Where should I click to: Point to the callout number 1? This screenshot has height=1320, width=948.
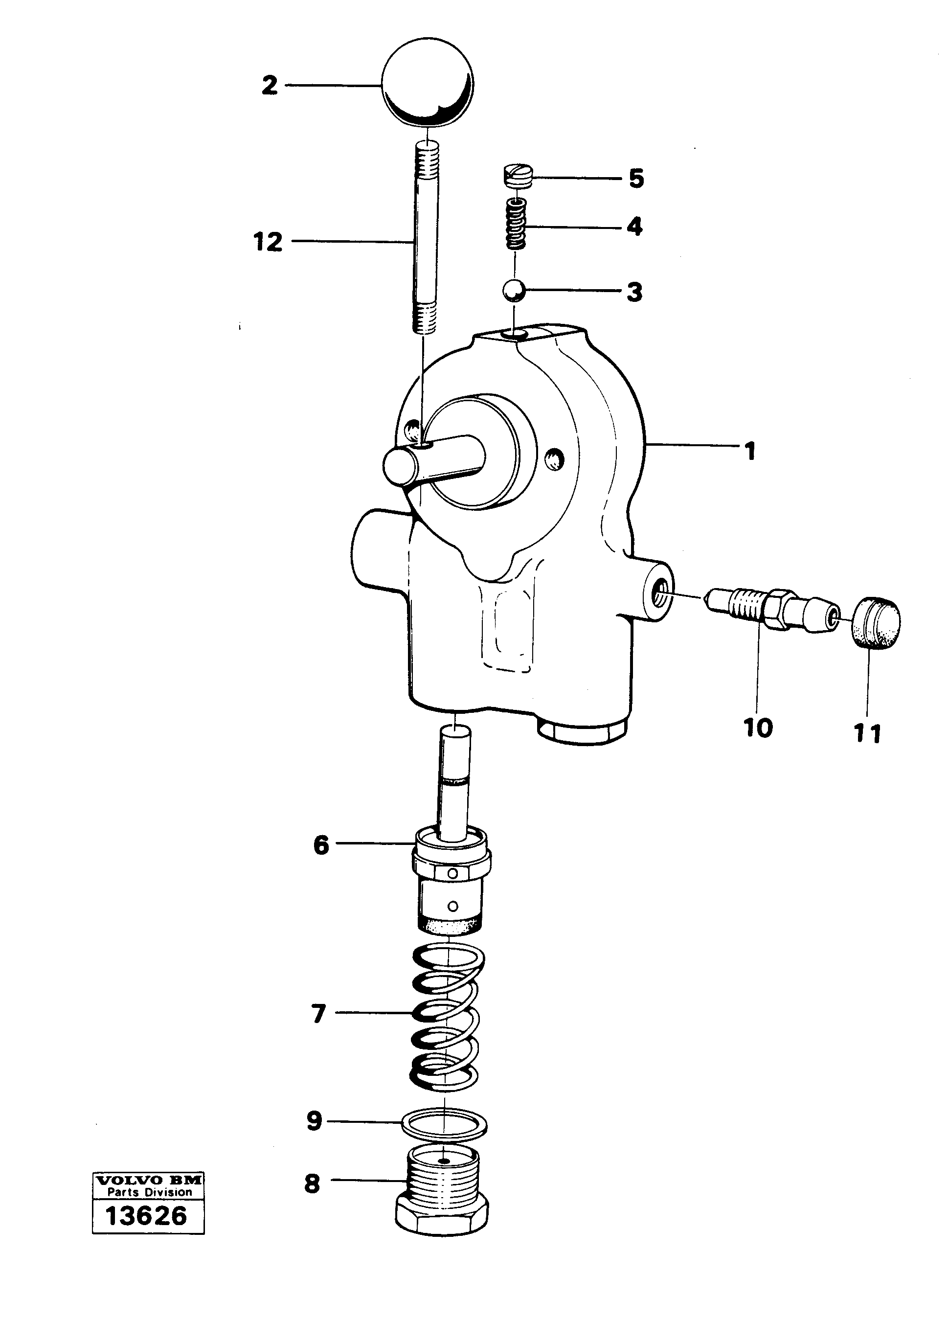751,451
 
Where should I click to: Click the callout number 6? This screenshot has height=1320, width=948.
321,845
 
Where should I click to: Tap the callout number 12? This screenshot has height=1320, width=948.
268,242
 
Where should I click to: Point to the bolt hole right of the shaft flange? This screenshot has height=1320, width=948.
553,460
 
